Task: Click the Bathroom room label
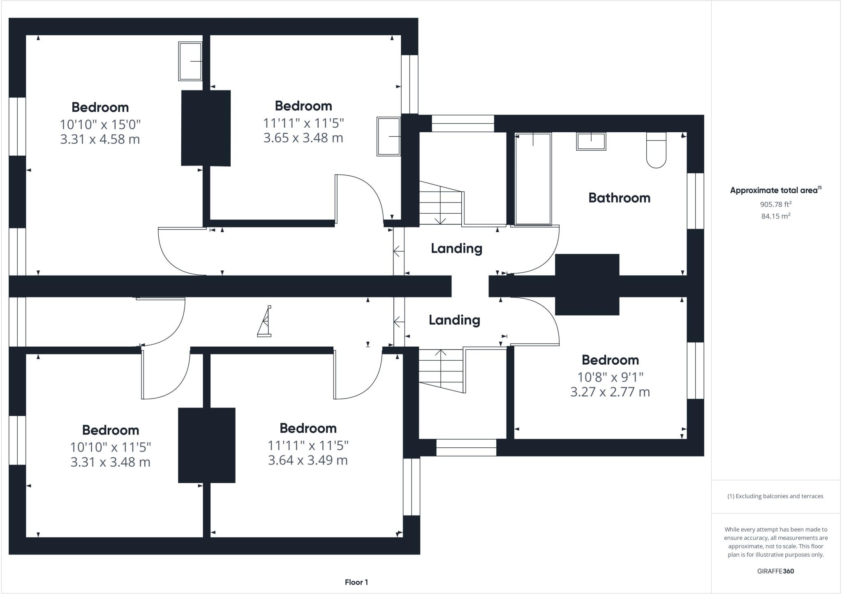point(619,198)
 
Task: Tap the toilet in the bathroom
point(656,150)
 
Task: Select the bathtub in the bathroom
point(533,180)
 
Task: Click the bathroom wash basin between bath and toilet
point(591,141)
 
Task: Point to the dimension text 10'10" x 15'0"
point(100,124)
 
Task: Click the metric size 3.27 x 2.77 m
point(610,392)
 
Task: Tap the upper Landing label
point(456,248)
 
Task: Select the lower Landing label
point(454,320)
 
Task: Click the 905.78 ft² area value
point(775,204)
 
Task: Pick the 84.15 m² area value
point(775,216)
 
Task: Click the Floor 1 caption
point(356,582)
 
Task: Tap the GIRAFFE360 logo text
point(775,571)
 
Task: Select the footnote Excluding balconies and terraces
point(775,496)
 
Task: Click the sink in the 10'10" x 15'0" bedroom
point(190,61)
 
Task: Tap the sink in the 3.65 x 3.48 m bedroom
point(389,136)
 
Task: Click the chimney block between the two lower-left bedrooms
point(206,445)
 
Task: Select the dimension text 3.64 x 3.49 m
point(308,460)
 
